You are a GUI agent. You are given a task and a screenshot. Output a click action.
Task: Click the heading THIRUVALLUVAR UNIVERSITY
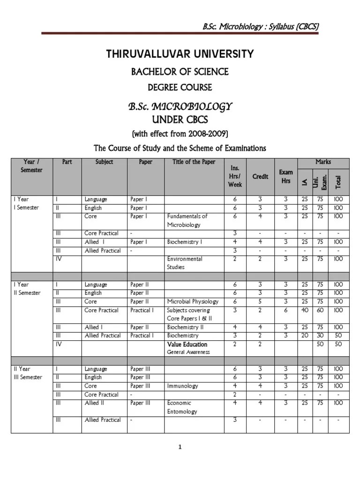coord(180,54)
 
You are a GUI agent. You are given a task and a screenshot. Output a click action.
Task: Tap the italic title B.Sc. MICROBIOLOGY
coord(180,106)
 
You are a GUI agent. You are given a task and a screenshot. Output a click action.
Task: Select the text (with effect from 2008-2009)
coord(180,134)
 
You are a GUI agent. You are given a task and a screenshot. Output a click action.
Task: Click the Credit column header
coord(260,176)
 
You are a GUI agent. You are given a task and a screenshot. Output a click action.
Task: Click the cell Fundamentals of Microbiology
coord(187,220)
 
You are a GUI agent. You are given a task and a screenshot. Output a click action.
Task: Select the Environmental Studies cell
coord(185,263)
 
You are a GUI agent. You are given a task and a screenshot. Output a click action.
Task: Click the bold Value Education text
coord(187,344)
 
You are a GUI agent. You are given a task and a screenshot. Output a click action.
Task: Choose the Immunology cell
coord(182,386)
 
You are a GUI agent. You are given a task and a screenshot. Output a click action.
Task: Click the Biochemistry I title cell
coord(185,242)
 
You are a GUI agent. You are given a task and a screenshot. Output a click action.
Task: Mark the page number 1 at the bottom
coord(180,447)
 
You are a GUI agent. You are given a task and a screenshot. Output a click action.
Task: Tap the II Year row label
coord(21,369)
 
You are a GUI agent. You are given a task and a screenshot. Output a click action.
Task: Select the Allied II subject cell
coord(94,403)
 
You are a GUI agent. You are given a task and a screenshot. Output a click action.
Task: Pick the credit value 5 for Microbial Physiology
coord(260,301)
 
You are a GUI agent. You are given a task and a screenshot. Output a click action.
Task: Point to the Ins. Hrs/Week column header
coord(235,176)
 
